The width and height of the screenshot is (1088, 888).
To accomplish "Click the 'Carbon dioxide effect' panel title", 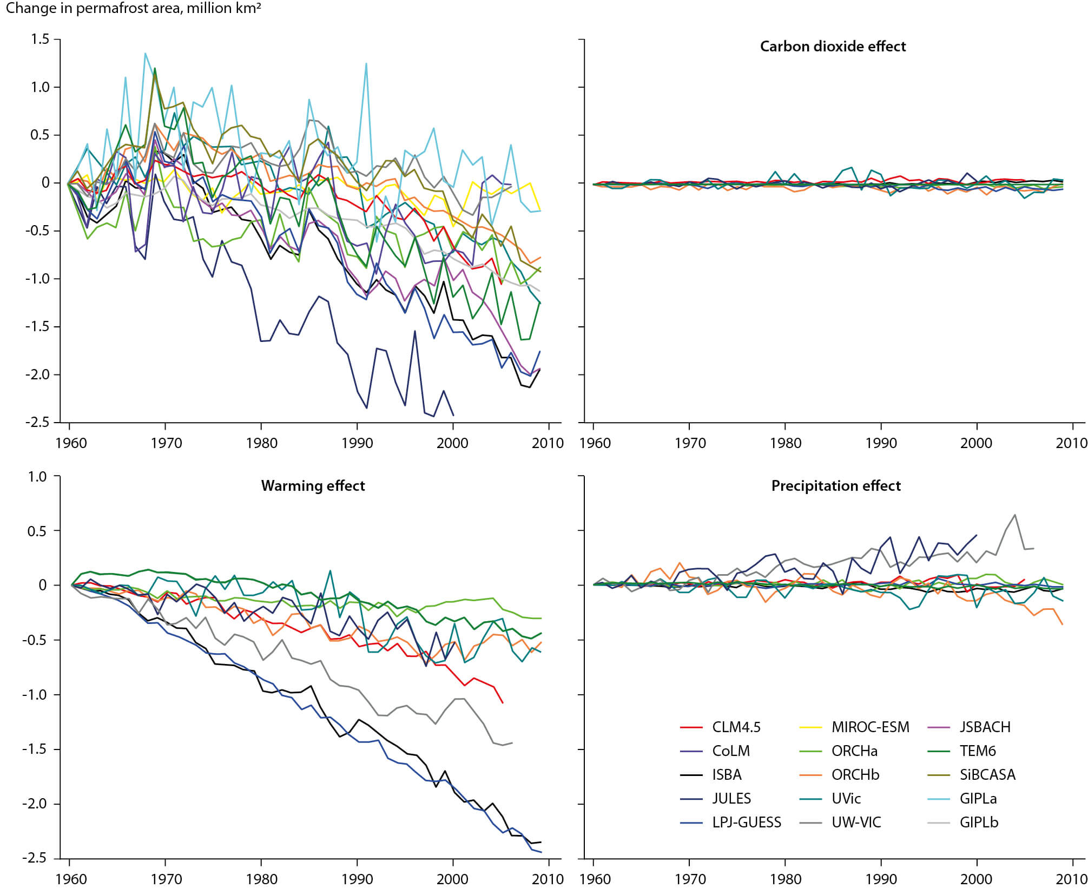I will (x=832, y=47).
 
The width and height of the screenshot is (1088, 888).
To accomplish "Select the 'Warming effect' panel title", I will (x=313, y=486).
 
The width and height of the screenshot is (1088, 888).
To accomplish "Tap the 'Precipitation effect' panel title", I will (x=836, y=486).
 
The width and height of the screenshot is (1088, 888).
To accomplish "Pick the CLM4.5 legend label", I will (x=736, y=727).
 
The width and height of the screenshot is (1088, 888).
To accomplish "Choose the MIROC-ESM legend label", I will (x=870, y=727).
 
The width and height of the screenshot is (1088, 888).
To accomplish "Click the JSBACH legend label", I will (x=985, y=727).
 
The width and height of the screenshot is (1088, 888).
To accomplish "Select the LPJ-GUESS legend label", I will (x=746, y=823).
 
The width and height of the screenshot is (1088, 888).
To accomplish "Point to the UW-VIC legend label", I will (x=856, y=823).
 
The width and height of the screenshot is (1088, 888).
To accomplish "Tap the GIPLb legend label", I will (x=979, y=823).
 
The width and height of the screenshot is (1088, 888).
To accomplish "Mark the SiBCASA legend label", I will (x=987, y=775).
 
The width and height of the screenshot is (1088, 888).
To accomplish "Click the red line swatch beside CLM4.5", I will (x=691, y=728).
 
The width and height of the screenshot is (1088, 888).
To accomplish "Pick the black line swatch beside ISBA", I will (x=691, y=775).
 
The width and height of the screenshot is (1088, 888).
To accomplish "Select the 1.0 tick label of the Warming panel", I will (x=37, y=477).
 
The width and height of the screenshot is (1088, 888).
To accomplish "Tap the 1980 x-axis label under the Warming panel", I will (x=262, y=879).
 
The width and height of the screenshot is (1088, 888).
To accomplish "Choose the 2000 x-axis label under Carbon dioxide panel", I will (x=976, y=443).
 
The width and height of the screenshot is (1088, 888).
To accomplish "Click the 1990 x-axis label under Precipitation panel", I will (x=881, y=879).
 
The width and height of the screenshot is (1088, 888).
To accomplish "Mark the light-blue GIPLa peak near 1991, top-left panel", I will (x=366, y=64).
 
